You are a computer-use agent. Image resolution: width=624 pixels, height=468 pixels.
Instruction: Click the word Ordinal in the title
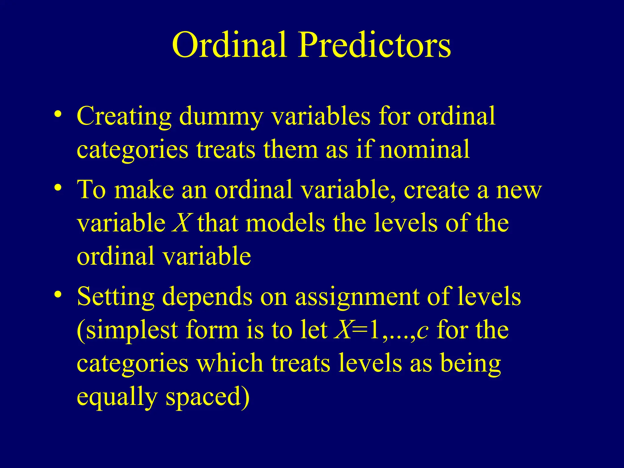[x=229, y=45]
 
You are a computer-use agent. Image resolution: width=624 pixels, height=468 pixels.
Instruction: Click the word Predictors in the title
[x=374, y=45]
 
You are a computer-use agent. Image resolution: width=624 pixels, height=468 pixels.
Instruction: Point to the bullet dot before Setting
[x=58, y=294]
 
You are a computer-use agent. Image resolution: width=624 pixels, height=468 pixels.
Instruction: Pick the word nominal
[x=424, y=149]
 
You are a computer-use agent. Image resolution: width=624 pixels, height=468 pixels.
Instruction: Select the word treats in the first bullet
[x=225, y=149]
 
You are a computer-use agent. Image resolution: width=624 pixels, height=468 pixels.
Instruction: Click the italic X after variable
[x=182, y=223]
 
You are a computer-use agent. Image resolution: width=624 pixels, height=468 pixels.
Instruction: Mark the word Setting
[x=115, y=297]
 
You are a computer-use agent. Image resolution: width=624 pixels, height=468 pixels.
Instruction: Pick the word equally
[x=117, y=397]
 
